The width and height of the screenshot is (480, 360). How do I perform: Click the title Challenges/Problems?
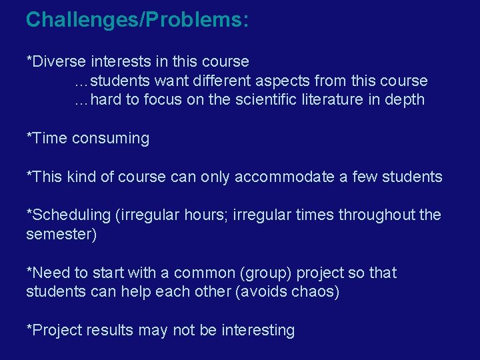[137, 19]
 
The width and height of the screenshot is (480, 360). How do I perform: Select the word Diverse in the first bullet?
[59, 62]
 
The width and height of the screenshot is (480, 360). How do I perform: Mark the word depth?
[405, 100]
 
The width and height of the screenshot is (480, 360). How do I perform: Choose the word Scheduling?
[71, 215]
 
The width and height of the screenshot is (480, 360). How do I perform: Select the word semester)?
[61, 235]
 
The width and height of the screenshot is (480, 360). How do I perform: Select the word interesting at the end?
[258, 331]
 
